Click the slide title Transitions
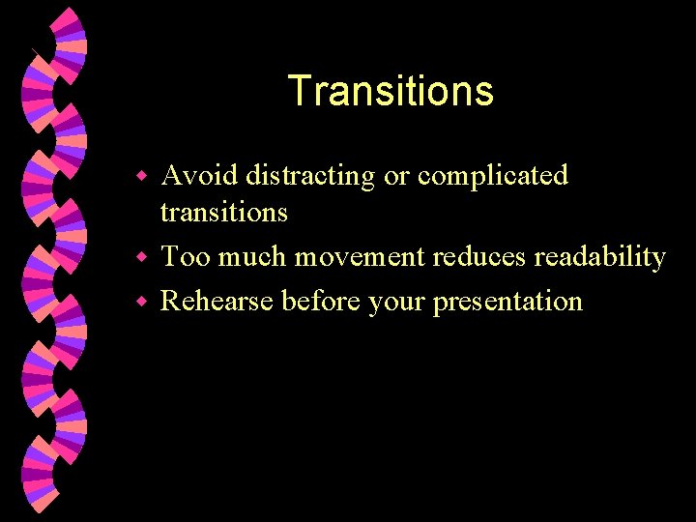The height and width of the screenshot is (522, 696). [391, 92]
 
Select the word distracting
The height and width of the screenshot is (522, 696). [309, 175]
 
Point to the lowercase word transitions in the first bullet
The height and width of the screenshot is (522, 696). [223, 212]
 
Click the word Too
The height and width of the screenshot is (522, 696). [186, 257]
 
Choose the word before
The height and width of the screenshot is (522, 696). [320, 301]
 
